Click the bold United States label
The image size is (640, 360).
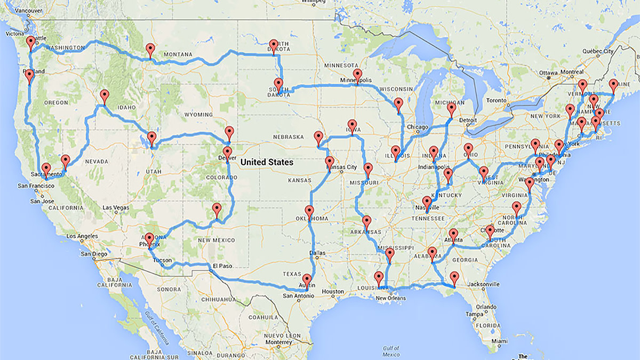267,162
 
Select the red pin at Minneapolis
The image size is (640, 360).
357,75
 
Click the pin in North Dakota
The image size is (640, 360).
274,46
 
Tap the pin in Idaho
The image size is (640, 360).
105,96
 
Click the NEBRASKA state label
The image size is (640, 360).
289,137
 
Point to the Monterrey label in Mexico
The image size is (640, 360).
279,341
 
